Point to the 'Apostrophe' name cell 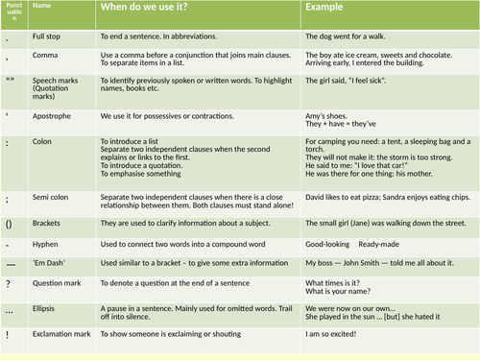pos(55,115)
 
